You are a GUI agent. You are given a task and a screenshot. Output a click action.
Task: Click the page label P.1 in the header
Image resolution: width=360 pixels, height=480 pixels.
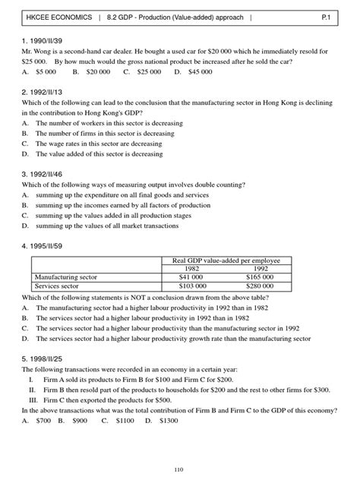(x=335, y=14)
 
